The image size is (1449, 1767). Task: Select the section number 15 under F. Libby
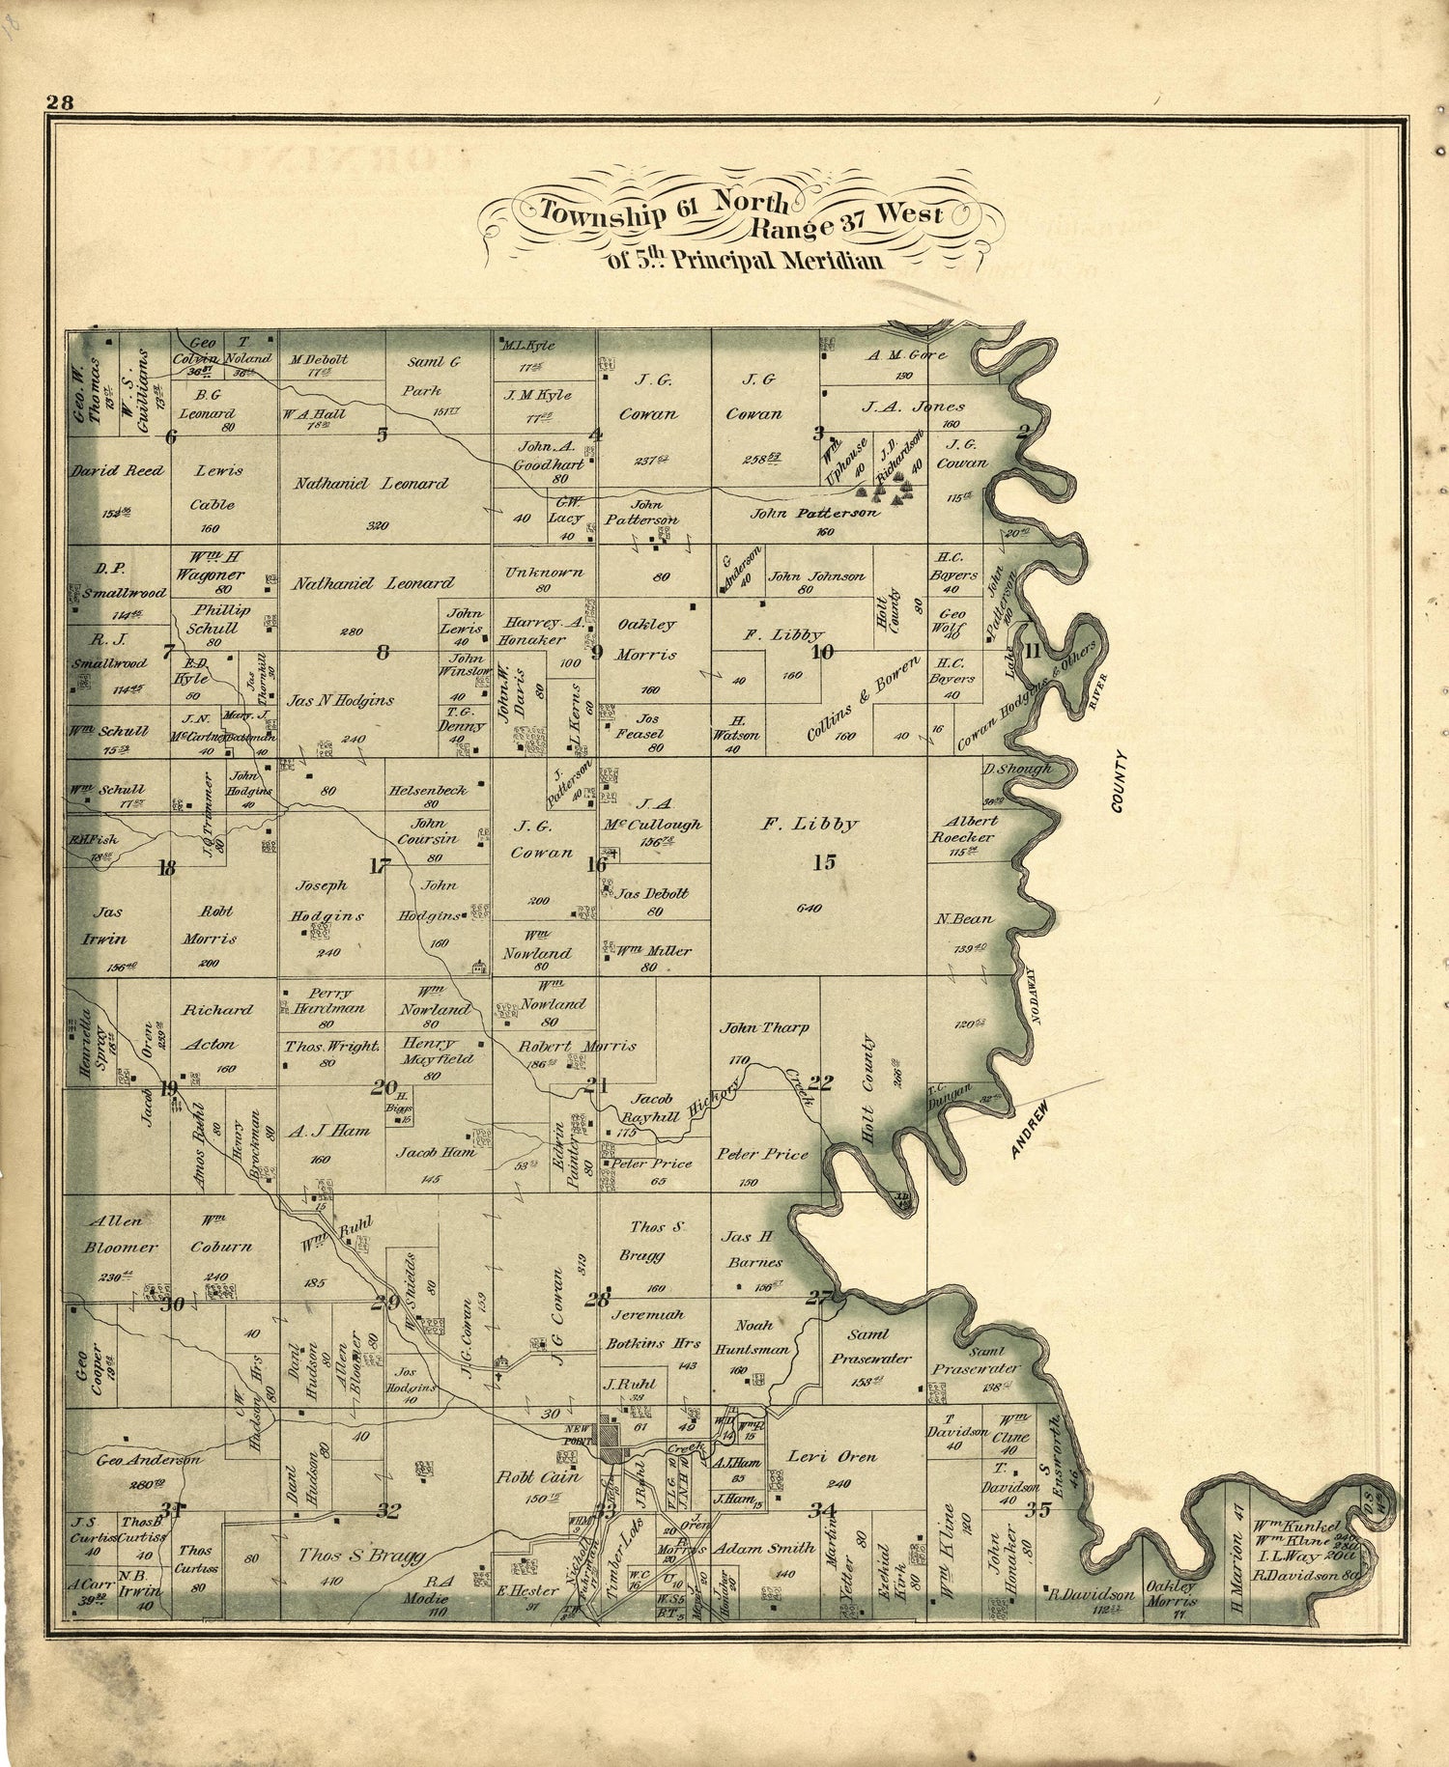pos(824,862)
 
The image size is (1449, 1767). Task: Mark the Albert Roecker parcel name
pos(964,828)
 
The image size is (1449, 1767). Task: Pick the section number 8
pos(383,652)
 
